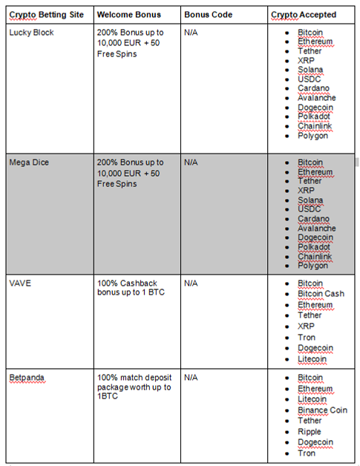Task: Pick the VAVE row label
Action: [x=21, y=283]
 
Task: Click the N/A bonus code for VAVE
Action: [x=191, y=283]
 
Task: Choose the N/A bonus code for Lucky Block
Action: [x=191, y=33]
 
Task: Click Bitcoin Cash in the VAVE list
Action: [x=321, y=294]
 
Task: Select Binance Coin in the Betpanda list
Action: [x=322, y=410]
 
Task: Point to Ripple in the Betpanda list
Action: [x=310, y=431]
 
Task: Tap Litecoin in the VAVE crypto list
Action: [x=312, y=359]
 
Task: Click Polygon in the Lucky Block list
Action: [x=312, y=136]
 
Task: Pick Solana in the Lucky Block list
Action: [x=310, y=70]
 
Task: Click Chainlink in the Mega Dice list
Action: [x=315, y=256]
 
